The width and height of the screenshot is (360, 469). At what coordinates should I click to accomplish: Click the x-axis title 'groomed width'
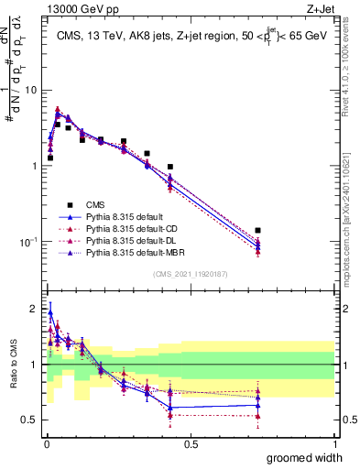tap(304, 457)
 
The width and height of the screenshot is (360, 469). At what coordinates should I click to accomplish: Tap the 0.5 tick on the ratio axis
tap(31, 420)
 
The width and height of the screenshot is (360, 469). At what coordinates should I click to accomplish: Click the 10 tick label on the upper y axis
tap(31, 91)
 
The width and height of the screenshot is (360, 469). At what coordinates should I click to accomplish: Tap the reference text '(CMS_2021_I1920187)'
tap(190, 274)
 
